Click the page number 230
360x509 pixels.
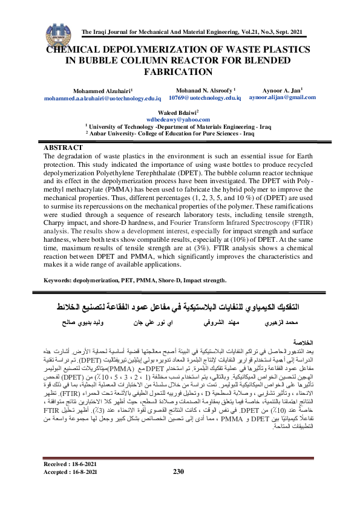click(178, 488)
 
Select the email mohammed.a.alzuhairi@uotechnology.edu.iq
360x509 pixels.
click(102, 97)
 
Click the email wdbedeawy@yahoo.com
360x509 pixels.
click(181, 120)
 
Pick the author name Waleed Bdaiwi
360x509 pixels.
click(180, 113)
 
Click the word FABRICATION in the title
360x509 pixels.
click(180, 72)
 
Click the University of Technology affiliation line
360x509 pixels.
click(179, 127)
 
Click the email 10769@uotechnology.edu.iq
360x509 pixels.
click(205, 97)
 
